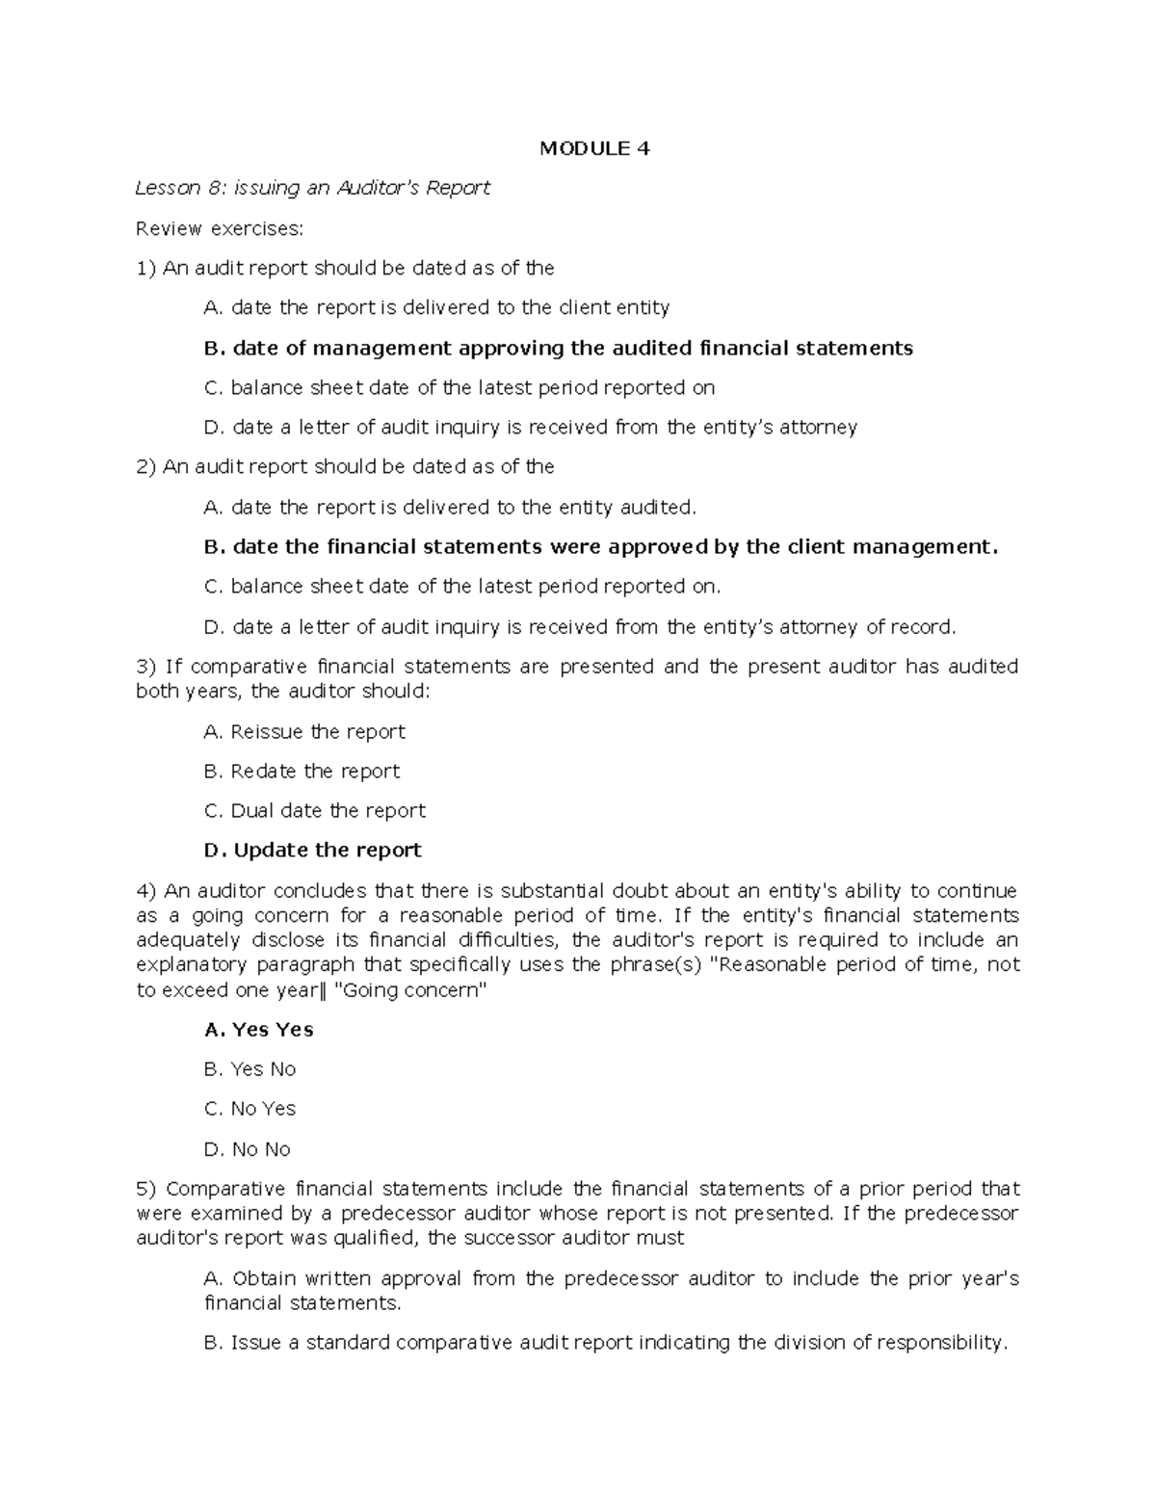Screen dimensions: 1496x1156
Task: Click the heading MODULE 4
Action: (x=594, y=148)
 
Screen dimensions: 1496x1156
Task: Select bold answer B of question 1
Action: (x=559, y=348)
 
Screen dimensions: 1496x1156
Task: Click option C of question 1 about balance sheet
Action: (x=460, y=387)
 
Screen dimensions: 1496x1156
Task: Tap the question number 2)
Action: (x=146, y=467)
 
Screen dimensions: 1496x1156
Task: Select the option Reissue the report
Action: (x=304, y=731)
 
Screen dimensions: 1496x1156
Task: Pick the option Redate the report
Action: (x=302, y=771)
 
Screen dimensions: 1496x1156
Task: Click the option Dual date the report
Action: (x=314, y=810)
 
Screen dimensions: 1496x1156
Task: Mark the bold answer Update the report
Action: (x=313, y=850)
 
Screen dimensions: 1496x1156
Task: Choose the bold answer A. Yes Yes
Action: (x=259, y=1030)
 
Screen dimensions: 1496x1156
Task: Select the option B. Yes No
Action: (x=250, y=1069)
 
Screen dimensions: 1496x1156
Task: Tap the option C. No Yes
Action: (x=250, y=1109)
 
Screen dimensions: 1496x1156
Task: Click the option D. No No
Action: (x=248, y=1149)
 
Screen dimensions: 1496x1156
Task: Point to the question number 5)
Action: (x=146, y=1189)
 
